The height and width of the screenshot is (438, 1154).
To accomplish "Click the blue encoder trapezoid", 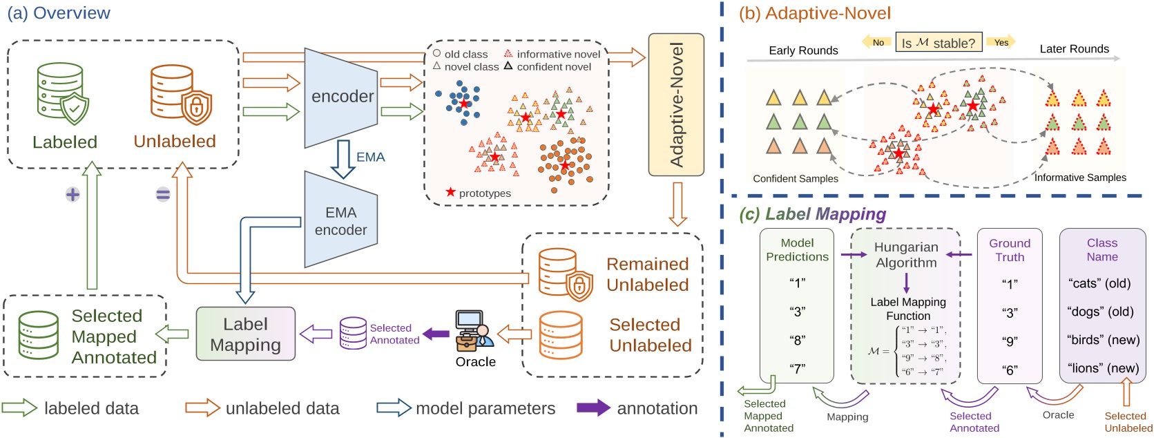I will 341,97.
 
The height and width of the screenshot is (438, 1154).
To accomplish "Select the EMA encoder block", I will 341,220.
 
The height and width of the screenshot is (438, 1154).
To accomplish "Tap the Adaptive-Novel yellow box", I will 676,104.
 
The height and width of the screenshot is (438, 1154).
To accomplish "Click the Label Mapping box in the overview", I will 245,334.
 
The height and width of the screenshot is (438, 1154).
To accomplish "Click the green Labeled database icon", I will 62,93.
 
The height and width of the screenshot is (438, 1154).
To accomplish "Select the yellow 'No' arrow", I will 876,42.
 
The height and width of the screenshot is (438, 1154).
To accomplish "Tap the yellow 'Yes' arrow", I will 1001,42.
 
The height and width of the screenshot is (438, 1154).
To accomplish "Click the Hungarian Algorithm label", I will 906,255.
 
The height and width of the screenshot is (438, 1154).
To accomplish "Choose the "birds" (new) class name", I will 1103,340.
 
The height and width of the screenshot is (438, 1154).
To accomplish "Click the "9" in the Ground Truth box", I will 1010,341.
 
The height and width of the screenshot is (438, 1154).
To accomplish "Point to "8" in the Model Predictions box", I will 797,340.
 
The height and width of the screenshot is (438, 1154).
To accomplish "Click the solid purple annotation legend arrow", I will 593,408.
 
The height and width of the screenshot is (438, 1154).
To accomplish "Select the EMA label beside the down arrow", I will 371,158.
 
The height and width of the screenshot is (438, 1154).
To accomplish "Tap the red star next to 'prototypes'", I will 451,192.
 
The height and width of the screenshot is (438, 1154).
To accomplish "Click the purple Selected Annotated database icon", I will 353,333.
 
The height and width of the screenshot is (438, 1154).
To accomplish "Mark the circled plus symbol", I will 73,195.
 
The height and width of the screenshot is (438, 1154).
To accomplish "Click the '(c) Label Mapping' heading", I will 812,214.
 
